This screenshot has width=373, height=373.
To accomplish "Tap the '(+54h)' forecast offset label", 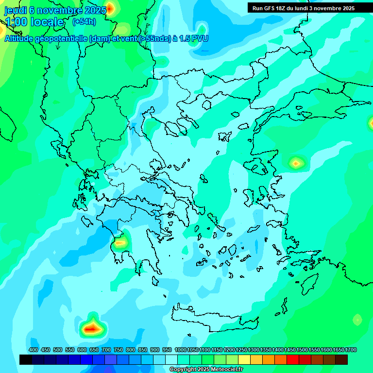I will [84, 21].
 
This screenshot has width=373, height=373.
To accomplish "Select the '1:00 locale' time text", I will [34, 22].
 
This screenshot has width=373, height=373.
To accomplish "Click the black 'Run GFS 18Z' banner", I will [304, 8].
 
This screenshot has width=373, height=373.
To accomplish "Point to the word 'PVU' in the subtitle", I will [199, 38].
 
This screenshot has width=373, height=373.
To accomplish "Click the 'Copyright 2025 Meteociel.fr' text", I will [206, 370].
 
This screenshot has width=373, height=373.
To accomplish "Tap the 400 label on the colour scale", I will [34, 350].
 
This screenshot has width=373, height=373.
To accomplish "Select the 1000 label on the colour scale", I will [181, 350].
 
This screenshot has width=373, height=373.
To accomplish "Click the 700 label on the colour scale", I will [106, 350].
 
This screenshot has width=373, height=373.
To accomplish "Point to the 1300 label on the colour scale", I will [254, 350].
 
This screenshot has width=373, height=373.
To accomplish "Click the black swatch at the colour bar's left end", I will [26, 359].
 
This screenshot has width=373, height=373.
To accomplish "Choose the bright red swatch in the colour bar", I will [293, 359].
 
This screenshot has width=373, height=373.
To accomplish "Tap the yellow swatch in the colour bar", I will [244, 359].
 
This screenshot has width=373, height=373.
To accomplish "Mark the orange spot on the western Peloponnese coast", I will [120, 241].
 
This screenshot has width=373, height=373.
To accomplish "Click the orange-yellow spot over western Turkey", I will [295, 163].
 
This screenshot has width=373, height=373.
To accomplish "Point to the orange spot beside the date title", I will [110, 8].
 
